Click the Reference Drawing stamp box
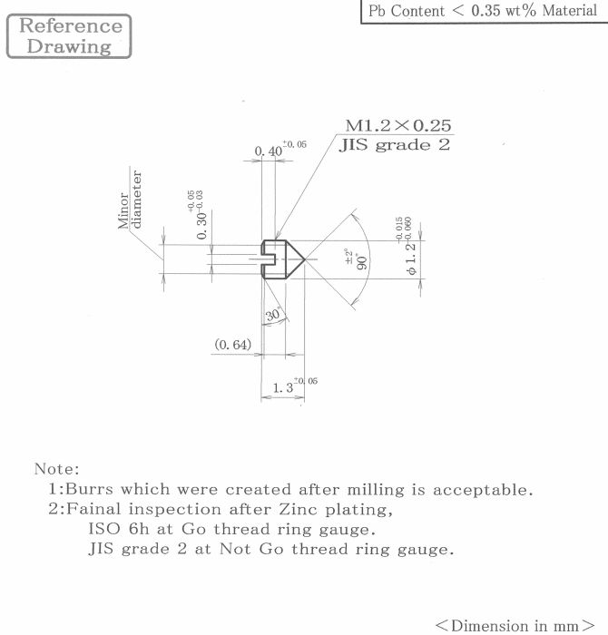pos(69,36)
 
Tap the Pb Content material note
pos(483,11)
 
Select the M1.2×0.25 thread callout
pos(398,125)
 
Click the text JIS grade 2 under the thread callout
pos(395,145)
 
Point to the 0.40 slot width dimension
pos(280,149)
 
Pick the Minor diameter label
pos(130,200)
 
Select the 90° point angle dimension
pos(357,259)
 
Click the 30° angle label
pos(273,314)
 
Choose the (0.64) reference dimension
pos(233,345)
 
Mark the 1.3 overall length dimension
pos(295,386)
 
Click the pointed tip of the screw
pos(305,259)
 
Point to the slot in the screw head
pos(268,259)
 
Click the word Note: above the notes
pos(57,469)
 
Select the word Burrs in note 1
pos(89,489)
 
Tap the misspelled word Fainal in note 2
pos(93,509)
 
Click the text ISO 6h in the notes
pos(119,529)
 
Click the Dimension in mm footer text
pos(515,625)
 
